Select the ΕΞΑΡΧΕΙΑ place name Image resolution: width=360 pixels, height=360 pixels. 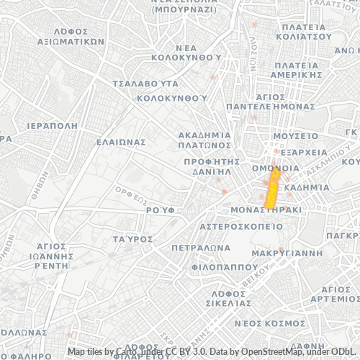pos(302,153)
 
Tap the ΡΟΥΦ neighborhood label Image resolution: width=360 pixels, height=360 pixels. pos(161,209)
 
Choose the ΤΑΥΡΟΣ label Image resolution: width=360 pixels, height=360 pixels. pos(133,238)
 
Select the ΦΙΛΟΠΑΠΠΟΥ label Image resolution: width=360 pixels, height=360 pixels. pos(214,266)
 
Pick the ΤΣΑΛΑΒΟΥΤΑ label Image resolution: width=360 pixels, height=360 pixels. pos(145,84)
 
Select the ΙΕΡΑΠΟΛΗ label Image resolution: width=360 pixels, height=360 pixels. pos(51,125)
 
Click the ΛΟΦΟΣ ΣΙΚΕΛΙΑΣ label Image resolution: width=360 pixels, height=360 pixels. pos(230,299)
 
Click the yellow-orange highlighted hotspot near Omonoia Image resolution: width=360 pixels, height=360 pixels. pos(273,184)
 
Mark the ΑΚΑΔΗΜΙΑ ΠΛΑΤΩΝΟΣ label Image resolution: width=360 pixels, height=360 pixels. pos(205,139)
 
